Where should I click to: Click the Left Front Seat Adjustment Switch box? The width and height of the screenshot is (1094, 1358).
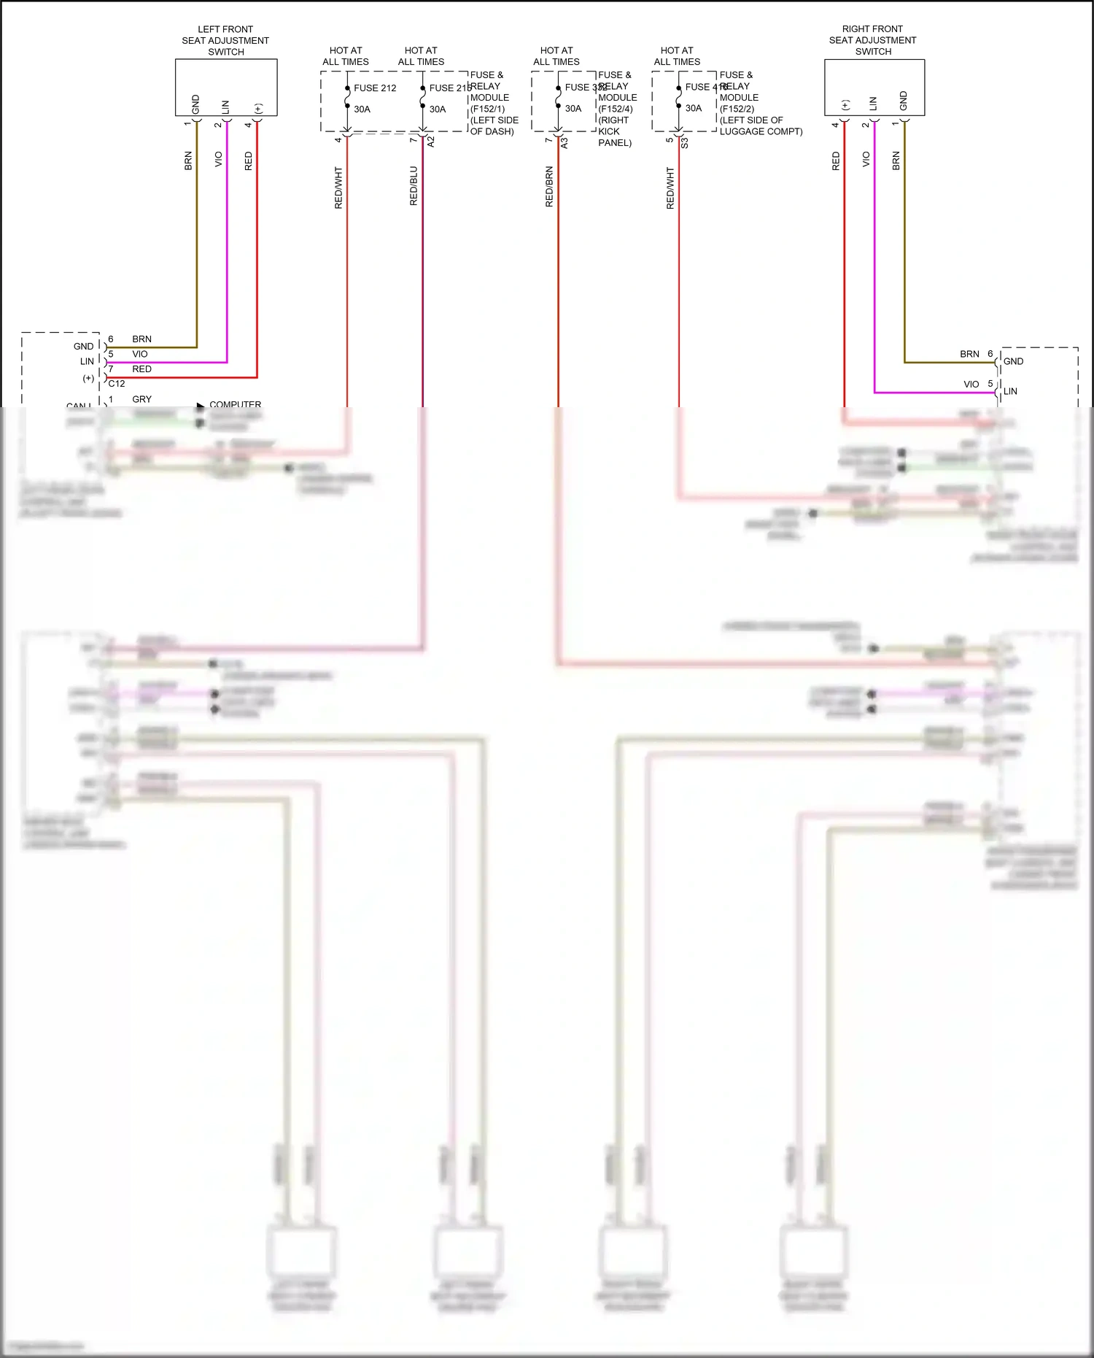point(226,87)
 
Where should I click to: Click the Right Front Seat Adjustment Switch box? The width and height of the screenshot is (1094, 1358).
point(874,87)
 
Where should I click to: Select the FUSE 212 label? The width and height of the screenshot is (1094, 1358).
point(375,88)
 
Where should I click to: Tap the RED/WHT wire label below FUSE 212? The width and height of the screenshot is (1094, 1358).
point(338,188)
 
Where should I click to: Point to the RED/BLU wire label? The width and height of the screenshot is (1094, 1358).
point(414,186)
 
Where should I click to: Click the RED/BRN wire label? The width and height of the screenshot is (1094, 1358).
point(549,187)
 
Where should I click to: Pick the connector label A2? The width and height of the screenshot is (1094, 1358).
point(431,142)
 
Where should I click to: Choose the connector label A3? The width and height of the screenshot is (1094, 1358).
point(565,144)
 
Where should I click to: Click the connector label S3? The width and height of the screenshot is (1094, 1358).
point(685,144)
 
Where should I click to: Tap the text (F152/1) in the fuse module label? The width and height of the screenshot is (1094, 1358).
point(488,109)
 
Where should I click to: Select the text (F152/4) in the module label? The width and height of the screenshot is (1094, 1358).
point(616,109)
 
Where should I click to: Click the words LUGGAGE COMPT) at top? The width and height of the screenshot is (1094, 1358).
point(761,131)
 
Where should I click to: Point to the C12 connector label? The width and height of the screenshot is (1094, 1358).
point(117,383)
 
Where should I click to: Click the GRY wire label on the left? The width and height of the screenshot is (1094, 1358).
point(142,399)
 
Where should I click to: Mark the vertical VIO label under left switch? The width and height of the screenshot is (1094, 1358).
point(218,159)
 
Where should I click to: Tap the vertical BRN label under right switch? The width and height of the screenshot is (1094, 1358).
point(896,161)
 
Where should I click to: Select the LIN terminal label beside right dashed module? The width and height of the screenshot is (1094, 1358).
point(1010,391)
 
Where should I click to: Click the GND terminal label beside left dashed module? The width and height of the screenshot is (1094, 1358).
point(83,347)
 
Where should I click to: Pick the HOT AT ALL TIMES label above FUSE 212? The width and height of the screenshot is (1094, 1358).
point(346,56)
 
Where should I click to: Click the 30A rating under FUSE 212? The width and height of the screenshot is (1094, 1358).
point(362,109)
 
